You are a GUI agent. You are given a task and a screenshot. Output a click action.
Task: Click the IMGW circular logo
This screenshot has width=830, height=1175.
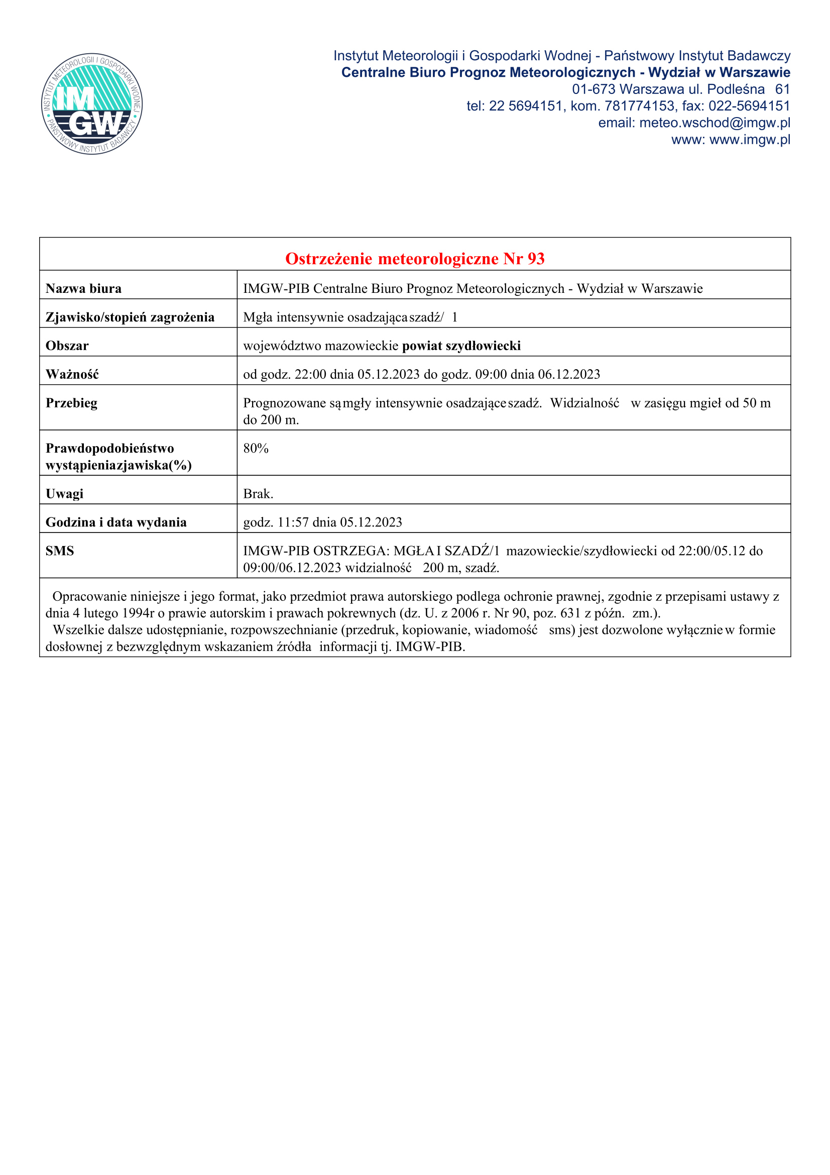pyautogui.click(x=92, y=104)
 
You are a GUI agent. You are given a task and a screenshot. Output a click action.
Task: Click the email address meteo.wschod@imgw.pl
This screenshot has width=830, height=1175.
pyautogui.click(x=715, y=123)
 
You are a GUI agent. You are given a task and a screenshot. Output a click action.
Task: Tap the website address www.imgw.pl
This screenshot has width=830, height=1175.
pyautogui.click(x=750, y=140)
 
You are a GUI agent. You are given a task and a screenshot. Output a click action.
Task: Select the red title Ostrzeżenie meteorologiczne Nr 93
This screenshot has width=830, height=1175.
pyautogui.click(x=415, y=259)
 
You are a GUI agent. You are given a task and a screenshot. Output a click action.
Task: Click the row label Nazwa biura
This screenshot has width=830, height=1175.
pyautogui.click(x=83, y=289)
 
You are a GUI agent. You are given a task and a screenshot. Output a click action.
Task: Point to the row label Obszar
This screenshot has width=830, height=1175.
pyautogui.click(x=67, y=346)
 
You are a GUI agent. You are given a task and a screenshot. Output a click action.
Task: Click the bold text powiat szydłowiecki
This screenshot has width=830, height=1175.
pyautogui.click(x=461, y=346)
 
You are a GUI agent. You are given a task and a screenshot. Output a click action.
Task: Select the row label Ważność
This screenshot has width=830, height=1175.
pyautogui.click(x=72, y=375)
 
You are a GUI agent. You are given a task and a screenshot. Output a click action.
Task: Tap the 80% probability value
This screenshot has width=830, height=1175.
pyautogui.click(x=256, y=448)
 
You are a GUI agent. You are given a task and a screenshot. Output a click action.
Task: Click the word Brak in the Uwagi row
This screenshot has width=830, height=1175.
pyautogui.click(x=257, y=494)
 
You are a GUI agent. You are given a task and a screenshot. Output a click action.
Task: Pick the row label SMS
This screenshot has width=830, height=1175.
pyautogui.click(x=60, y=551)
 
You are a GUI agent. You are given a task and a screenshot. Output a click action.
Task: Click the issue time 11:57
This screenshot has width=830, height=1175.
pyautogui.click(x=293, y=522)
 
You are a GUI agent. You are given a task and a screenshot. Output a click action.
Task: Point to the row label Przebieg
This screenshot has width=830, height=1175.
pyautogui.click(x=72, y=403)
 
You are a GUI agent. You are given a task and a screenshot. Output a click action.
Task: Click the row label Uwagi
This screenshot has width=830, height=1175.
pyautogui.click(x=64, y=494)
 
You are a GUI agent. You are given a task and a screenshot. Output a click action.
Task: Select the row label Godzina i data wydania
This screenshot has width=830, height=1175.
pyautogui.click(x=116, y=522)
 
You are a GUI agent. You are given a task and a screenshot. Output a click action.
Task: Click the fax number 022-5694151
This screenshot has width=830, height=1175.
pyautogui.click(x=749, y=106)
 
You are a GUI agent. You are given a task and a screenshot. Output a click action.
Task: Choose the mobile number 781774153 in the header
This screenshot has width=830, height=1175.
pyautogui.click(x=639, y=106)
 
